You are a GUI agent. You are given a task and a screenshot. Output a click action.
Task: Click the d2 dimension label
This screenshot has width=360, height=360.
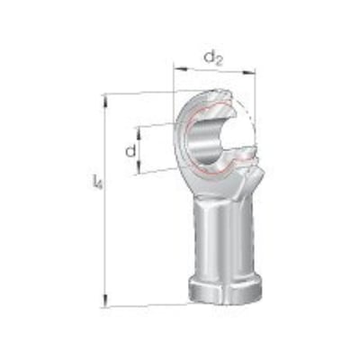point(213,58)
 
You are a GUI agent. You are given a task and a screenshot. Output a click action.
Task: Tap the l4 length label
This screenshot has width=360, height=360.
point(97,182)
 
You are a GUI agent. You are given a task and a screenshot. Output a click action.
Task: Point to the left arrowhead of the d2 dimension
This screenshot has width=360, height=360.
point(179,68)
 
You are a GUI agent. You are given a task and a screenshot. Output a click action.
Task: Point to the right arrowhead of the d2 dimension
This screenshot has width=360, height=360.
point(248,72)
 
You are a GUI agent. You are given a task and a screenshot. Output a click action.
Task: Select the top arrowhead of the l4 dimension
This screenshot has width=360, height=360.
point(105,101)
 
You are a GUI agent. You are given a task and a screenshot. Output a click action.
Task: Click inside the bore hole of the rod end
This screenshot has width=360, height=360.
point(205,141)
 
